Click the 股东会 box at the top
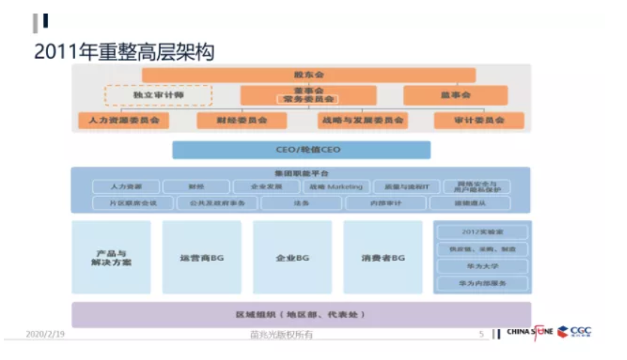[x=308, y=75]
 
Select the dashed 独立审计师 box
[x=158, y=95]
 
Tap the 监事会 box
[x=455, y=95]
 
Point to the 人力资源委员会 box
[x=123, y=120]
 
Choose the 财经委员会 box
[x=241, y=120]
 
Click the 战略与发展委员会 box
[x=362, y=120]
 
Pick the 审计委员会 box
[x=478, y=120]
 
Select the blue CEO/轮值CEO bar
[x=301, y=150]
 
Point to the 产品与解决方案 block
[x=111, y=257]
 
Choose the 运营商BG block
[x=201, y=257]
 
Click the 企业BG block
[x=292, y=257]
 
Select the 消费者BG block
[x=383, y=257]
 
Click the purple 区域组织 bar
[x=301, y=313]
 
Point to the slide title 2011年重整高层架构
[x=124, y=52]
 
